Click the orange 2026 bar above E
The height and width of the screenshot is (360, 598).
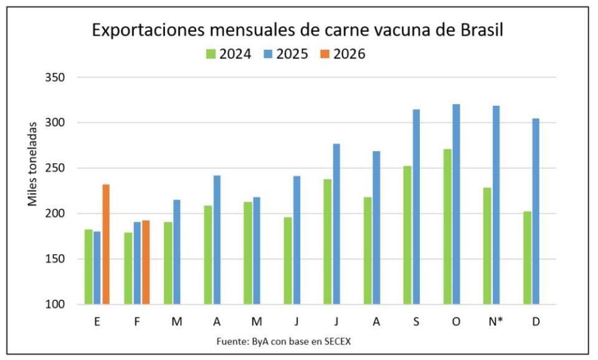click(x=106, y=244)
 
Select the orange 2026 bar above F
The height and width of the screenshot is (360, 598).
click(x=146, y=262)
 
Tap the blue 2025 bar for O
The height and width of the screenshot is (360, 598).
click(x=456, y=204)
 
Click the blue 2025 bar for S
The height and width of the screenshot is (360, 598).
click(x=416, y=207)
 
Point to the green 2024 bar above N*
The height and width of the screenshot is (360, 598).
click(x=488, y=246)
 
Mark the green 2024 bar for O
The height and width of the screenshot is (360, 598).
click(x=447, y=227)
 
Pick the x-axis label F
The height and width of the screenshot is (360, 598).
click(x=137, y=321)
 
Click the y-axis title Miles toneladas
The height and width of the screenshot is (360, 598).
click(x=32, y=163)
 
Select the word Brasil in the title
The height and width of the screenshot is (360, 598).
click(x=480, y=30)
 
